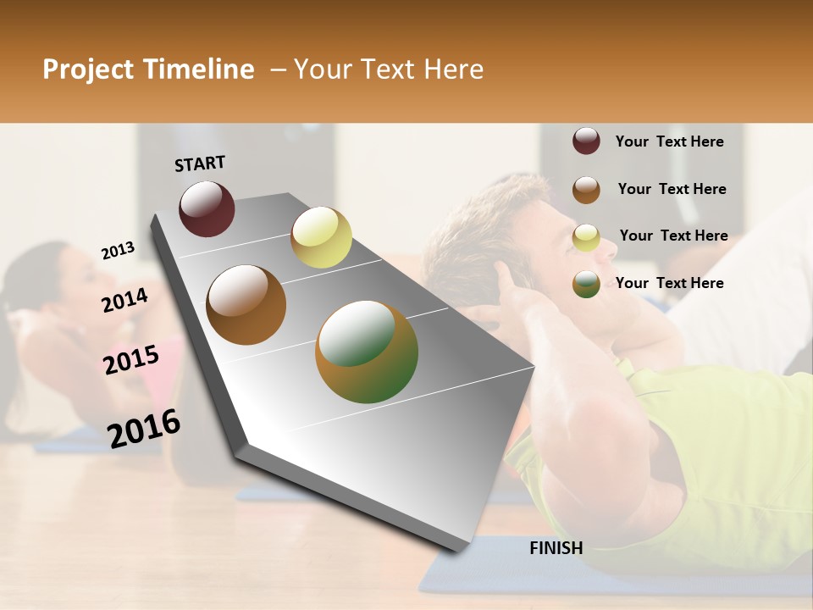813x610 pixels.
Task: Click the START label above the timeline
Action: click(200, 164)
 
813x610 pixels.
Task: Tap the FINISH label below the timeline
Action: click(556, 548)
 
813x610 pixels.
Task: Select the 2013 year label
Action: click(118, 250)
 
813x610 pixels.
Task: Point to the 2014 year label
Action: click(124, 300)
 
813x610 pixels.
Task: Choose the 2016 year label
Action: click(144, 428)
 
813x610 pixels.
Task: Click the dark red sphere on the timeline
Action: click(207, 208)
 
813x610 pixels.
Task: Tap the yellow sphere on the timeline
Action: click(321, 237)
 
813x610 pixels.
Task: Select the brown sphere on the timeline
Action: click(246, 305)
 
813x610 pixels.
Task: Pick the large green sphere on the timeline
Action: click(367, 352)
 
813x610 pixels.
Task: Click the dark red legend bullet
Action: click(586, 141)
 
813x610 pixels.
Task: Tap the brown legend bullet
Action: click(586, 190)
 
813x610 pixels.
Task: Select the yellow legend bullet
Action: click(586, 237)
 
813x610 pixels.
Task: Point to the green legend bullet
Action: click(586, 284)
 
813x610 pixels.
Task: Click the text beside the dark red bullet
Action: click(670, 141)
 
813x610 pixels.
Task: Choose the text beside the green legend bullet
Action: click(670, 283)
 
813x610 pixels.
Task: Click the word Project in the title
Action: click(87, 69)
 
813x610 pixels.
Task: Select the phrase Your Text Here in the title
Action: click(389, 69)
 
